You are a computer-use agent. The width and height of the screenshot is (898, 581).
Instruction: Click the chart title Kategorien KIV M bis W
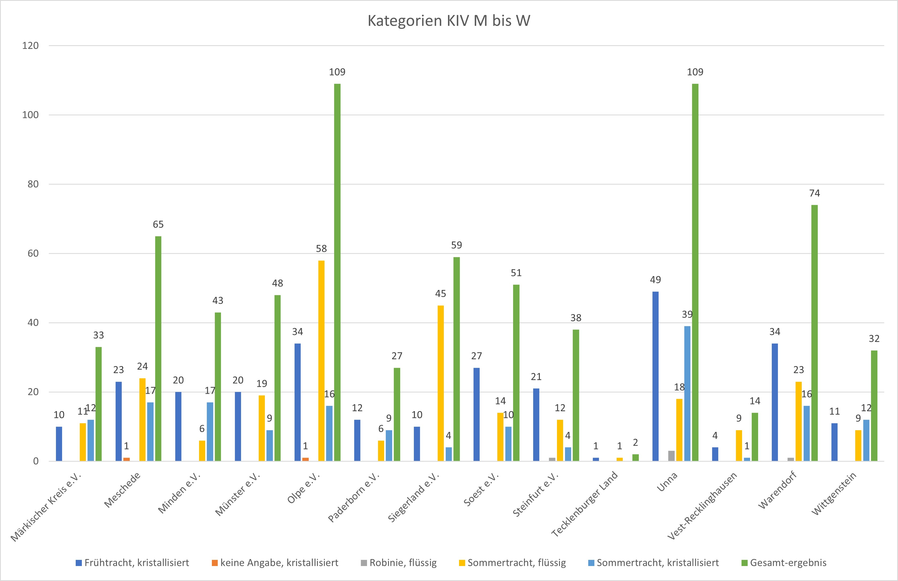coord(449,21)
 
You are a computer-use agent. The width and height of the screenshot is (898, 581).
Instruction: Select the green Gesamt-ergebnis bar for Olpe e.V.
coord(337,272)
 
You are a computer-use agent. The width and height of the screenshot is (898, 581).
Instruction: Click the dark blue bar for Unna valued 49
coord(655,376)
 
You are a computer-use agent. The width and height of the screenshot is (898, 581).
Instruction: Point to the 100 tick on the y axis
coord(30,115)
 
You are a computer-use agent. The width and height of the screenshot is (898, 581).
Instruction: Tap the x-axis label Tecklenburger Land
coord(585,504)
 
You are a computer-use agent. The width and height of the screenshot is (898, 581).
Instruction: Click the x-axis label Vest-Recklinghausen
coord(702,506)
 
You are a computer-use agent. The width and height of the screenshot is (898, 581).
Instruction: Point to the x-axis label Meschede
coord(122,490)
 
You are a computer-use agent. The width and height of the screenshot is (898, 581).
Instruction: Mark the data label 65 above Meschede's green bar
coord(158,224)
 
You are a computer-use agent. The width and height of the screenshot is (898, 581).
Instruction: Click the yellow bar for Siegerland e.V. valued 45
coord(441,383)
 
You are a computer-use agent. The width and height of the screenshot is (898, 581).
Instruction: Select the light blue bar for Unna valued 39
coord(687,393)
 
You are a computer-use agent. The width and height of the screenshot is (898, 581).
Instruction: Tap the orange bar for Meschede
coord(127,459)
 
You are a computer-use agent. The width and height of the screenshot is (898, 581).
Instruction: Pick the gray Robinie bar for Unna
coord(671,456)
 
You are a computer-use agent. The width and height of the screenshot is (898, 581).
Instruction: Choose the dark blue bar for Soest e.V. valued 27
coord(476,414)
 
